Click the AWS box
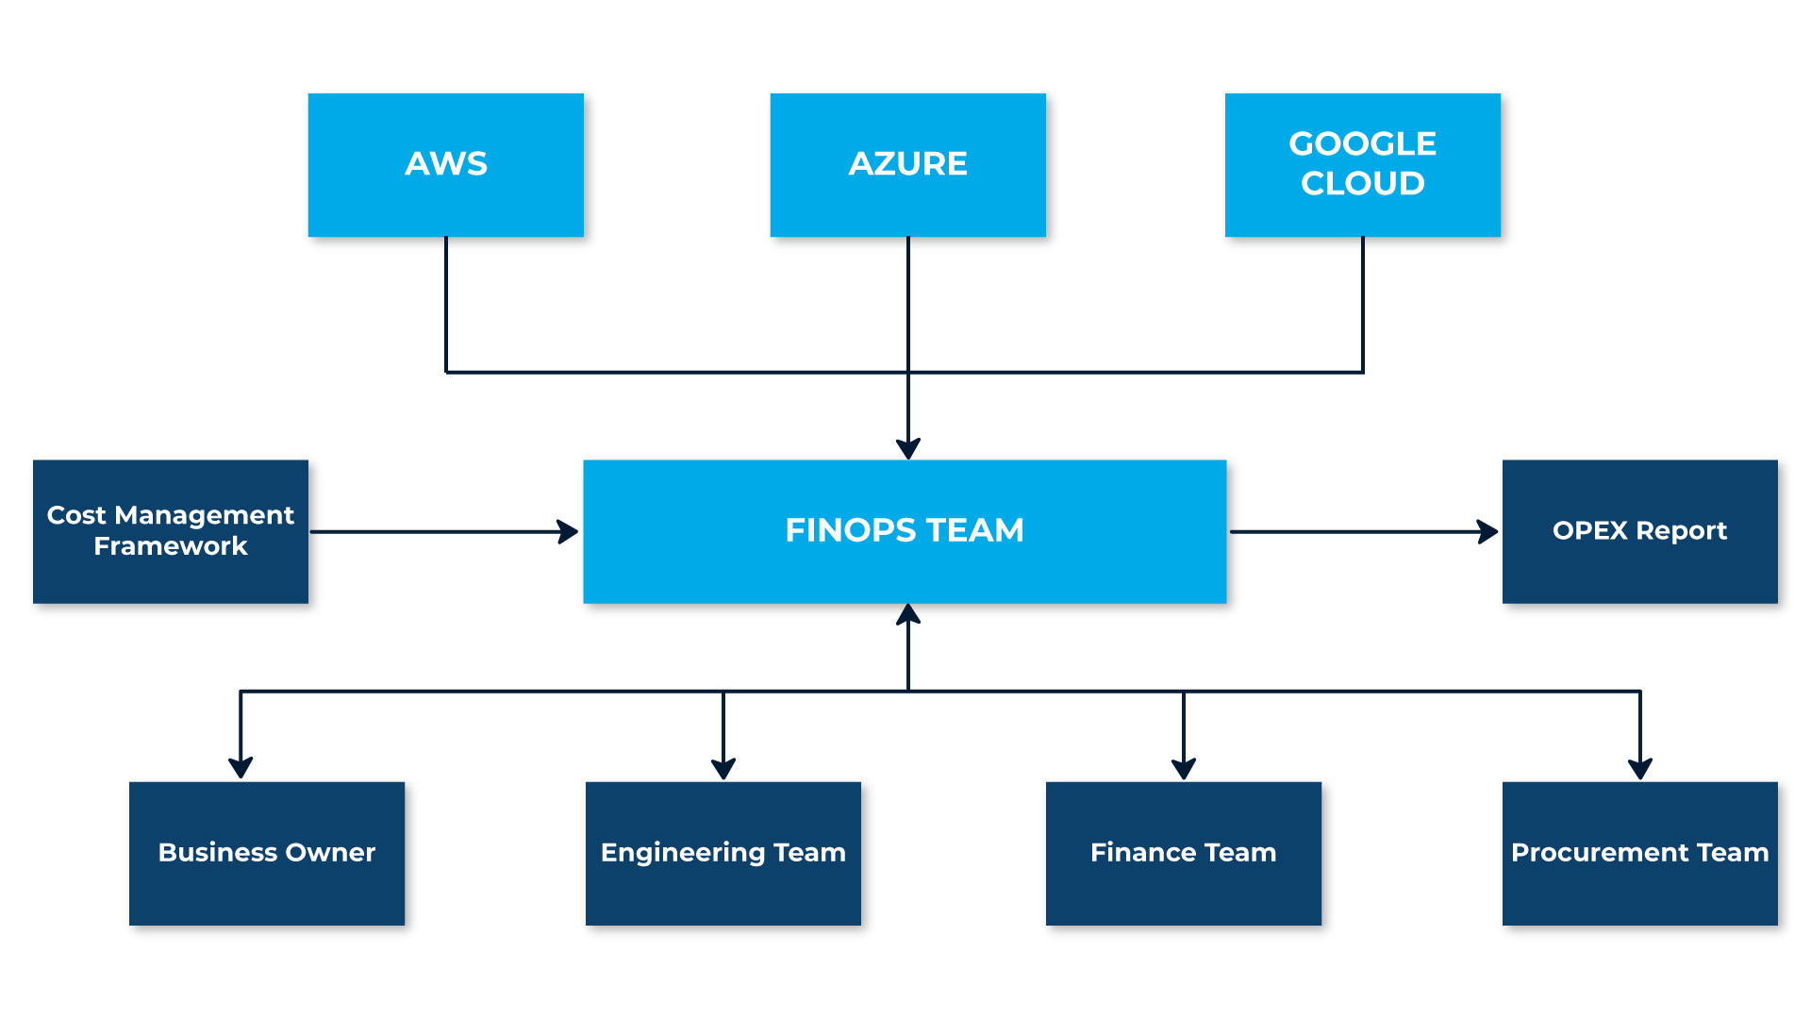(x=445, y=164)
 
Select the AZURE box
(x=907, y=164)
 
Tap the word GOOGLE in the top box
(x=1362, y=143)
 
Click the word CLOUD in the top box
(x=1362, y=183)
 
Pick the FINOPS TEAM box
(x=905, y=531)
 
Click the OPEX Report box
(x=1639, y=531)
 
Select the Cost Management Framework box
(x=170, y=531)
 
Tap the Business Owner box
(x=266, y=853)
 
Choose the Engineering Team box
(x=723, y=853)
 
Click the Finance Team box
(x=1183, y=853)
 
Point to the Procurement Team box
(x=1639, y=853)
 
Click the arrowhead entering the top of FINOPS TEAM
(x=908, y=448)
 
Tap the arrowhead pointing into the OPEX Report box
(x=1488, y=531)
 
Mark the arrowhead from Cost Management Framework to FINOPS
(x=568, y=531)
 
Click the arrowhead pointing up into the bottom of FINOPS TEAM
(x=908, y=615)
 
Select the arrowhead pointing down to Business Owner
(x=241, y=767)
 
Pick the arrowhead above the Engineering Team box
(x=723, y=768)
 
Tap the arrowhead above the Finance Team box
(x=1184, y=768)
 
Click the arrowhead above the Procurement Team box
(x=1640, y=768)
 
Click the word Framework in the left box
(x=170, y=546)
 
